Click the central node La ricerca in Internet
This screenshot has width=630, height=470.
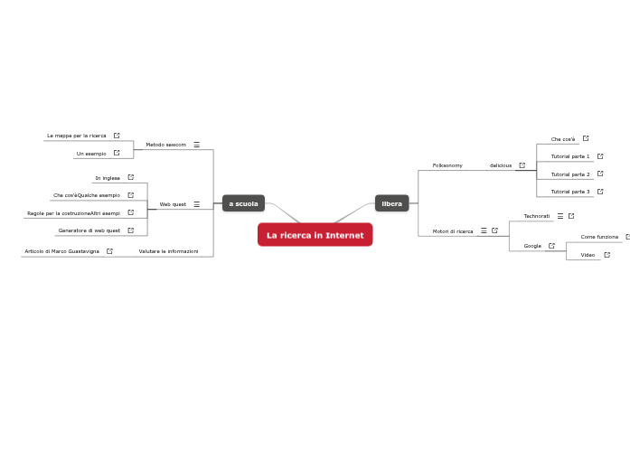(x=315, y=235)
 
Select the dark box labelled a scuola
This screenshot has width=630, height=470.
(x=243, y=203)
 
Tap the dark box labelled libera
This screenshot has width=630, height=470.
(x=391, y=203)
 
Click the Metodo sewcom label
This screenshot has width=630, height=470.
(x=165, y=145)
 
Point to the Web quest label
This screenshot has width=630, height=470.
(x=173, y=204)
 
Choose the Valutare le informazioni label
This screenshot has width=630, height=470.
(x=168, y=251)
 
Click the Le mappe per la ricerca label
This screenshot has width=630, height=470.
(x=77, y=136)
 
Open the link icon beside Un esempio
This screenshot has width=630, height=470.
(x=117, y=153)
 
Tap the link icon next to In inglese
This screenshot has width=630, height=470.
(x=130, y=177)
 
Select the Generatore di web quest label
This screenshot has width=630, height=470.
(x=89, y=230)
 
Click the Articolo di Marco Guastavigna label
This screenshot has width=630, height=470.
(x=61, y=251)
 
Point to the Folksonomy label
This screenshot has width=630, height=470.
(x=447, y=165)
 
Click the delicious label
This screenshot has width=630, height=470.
(x=501, y=165)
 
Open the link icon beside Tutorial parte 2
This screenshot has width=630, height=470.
(x=600, y=174)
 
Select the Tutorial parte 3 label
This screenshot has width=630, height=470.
(x=570, y=192)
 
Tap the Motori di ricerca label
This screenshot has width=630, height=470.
(x=453, y=231)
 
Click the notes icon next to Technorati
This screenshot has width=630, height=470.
(x=560, y=216)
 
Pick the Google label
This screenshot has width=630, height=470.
(x=532, y=246)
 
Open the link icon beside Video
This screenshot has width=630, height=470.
(x=606, y=255)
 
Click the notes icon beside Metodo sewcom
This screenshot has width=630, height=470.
(x=196, y=145)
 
